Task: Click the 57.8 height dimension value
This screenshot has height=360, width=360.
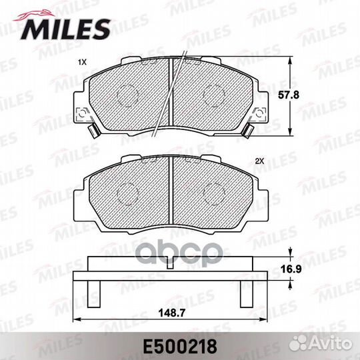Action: [289, 95]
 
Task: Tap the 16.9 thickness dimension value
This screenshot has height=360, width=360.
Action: [291, 269]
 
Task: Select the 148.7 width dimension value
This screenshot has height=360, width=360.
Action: [172, 313]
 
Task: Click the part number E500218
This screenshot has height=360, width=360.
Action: [180, 347]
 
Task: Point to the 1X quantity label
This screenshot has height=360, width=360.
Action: [82, 62]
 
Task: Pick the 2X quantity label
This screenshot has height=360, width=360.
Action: [260, 161]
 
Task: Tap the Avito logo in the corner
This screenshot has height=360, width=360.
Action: [321, 344]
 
